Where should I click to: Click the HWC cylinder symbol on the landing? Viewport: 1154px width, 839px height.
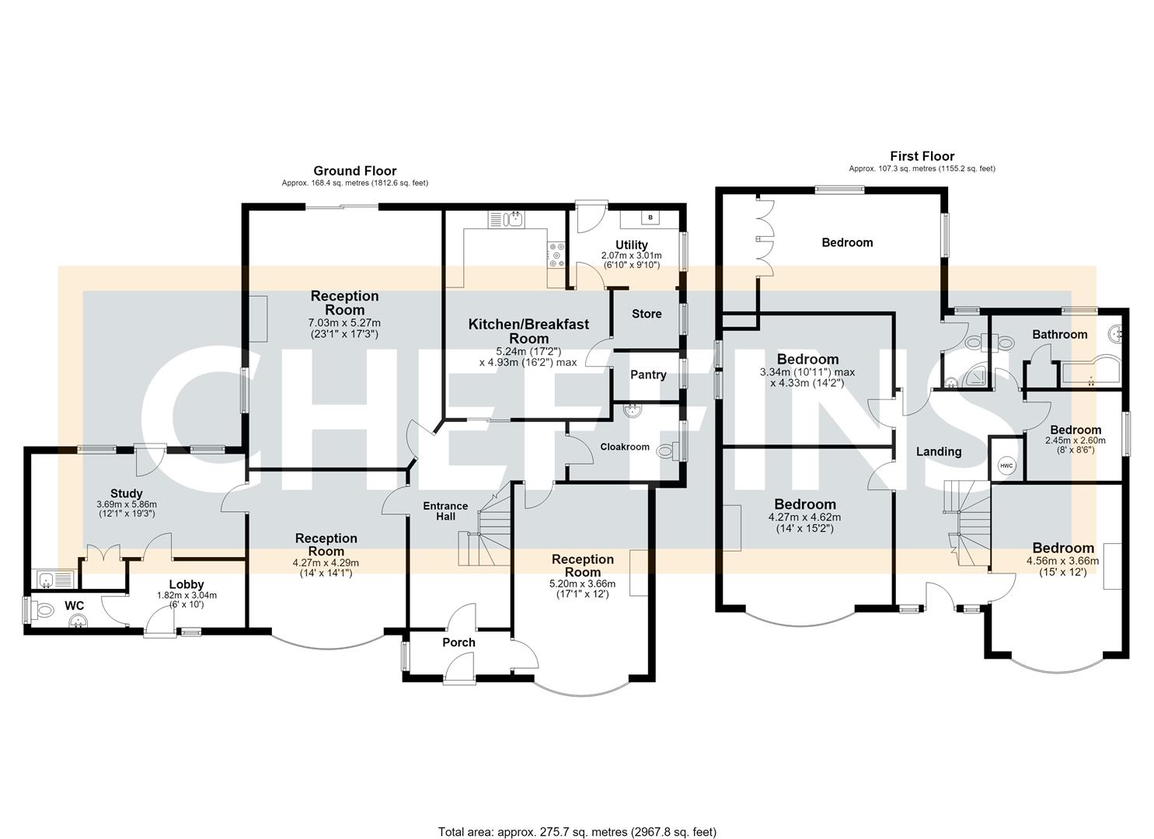point(1006,465)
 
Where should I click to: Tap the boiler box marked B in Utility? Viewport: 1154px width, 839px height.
point(650,218)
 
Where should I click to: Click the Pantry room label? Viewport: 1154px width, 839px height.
point(648,375)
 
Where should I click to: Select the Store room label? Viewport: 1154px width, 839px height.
point(647,314)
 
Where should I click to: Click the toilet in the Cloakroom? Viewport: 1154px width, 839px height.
point(668,451)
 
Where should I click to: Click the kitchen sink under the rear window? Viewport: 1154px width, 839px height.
point(506,219)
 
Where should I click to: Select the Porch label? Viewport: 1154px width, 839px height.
point(458,642)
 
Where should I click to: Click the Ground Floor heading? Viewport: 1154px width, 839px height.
point(355,170)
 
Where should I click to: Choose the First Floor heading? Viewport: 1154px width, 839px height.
point(922,156)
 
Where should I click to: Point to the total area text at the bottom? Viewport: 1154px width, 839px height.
point(577,817)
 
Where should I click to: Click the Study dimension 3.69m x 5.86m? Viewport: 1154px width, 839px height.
point(127,505)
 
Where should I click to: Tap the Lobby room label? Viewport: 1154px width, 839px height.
point(187,584)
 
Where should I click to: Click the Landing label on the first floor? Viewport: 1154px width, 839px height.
point(939,451)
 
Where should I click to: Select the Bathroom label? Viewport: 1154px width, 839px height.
point(1060,335)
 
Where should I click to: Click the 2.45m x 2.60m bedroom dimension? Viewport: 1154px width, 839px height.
point(1076,440)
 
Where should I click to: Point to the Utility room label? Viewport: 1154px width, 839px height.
point(632,245)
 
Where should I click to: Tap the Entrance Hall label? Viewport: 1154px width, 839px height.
point(445,511)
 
